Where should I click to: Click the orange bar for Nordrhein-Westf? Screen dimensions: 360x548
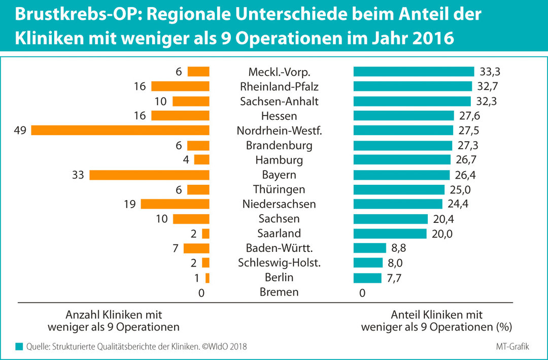click(120, 130)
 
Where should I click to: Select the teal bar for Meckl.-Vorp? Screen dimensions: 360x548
click(414, 72)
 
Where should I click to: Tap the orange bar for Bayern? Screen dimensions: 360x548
click(149, 175)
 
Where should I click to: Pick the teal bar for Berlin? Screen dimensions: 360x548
click(367, 278)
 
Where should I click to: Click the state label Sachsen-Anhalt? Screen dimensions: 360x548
click(279, 101)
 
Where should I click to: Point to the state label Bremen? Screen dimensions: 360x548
click(279, 292)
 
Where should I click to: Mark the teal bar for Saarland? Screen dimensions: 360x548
click(390, 234)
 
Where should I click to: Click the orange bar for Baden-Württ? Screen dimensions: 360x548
click(196, 248)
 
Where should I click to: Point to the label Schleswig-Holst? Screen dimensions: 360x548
click(279, 263)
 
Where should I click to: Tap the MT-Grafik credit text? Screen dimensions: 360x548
click(513, 346)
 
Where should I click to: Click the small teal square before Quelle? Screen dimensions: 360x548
click(19, 346)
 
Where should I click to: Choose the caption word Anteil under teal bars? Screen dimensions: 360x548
click(405, 315)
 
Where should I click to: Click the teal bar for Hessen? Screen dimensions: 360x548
click(403, 116)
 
